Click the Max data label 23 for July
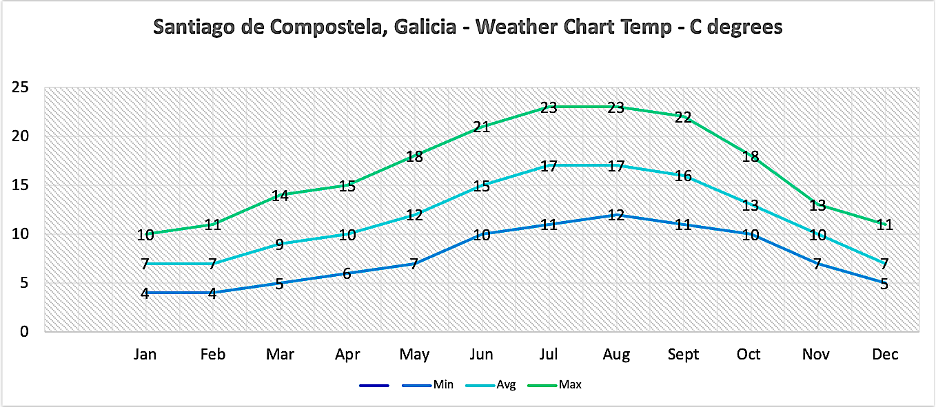(549, 107)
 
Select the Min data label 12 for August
(615, 215)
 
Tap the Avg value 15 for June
(481, 186)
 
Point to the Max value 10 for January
(145, 235)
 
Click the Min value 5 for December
(884, 283)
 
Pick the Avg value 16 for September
(683, 176)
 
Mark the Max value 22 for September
(683, 117)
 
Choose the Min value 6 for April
(347, 273)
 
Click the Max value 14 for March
(279, 196)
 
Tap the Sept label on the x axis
(683, 355)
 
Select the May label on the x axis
(414, 355)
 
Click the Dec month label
(885, 355)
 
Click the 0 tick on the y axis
(24, 331)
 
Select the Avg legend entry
(505, 385)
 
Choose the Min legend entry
(443, 385)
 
